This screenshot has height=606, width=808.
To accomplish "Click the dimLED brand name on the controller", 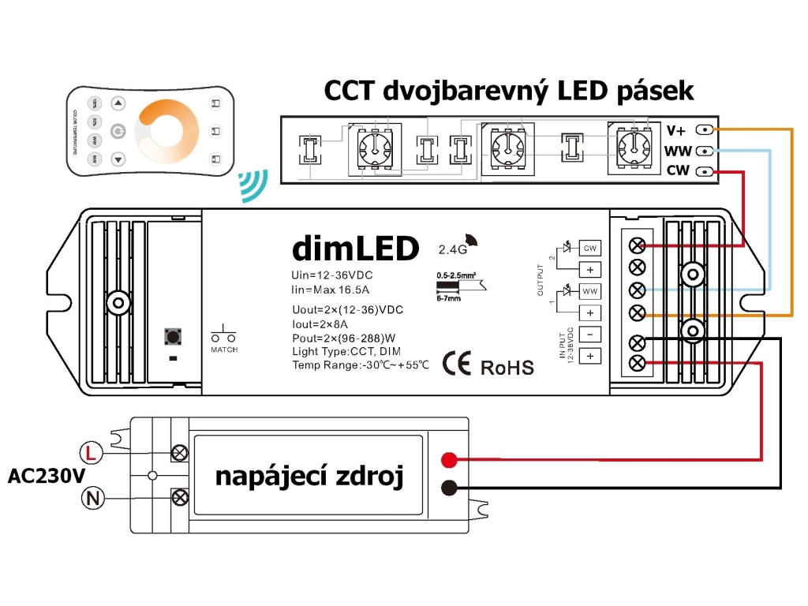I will pos(355,249).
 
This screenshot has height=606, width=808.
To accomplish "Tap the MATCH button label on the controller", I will pos(224,349).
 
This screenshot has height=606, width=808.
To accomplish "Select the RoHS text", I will pos(507,367).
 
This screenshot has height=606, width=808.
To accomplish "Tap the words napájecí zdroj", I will pos(309,477).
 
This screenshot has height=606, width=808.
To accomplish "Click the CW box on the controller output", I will pos(589,248).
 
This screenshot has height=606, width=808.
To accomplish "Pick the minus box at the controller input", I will pos(589,334).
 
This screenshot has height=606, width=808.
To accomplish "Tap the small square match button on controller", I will pos(171,337).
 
